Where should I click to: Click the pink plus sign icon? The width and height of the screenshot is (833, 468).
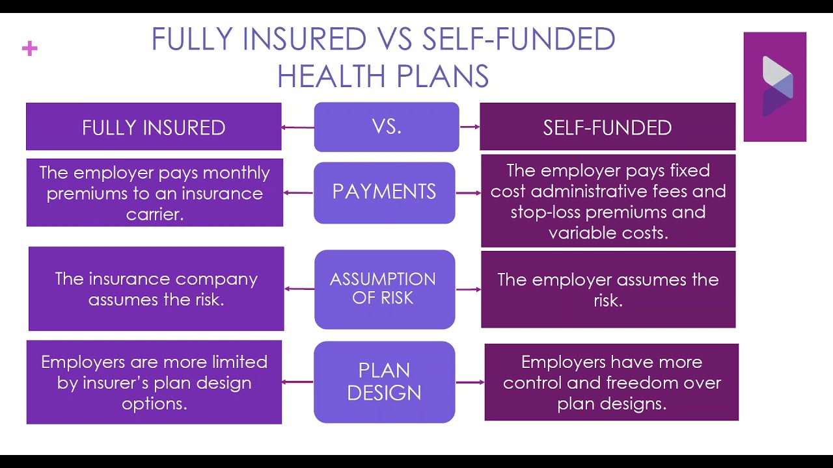[30, 49]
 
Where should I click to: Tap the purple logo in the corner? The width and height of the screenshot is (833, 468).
[775, 86]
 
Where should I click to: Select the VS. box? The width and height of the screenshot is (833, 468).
[387, 127]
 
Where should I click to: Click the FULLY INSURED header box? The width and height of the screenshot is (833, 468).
[154, 127]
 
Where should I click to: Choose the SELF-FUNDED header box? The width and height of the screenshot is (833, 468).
[608, 127]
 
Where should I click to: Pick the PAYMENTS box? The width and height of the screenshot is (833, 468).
[385, 193]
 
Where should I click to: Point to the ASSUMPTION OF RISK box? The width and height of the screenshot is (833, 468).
[385, 289]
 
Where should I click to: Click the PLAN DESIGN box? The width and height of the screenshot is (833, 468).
[385, 382]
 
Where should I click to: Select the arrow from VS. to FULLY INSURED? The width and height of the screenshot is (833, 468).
[298, 127]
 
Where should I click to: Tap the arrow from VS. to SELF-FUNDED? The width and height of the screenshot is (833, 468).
[470, 127]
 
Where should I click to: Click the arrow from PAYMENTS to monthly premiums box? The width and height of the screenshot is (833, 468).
[298, 193]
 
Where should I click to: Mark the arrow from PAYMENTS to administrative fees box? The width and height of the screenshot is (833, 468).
[468, 193]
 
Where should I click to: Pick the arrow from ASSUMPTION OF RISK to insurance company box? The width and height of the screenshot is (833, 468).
[299, 289]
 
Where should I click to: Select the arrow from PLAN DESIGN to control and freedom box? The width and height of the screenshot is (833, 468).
[470, 382]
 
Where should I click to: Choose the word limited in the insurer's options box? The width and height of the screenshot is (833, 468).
[240, 362]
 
